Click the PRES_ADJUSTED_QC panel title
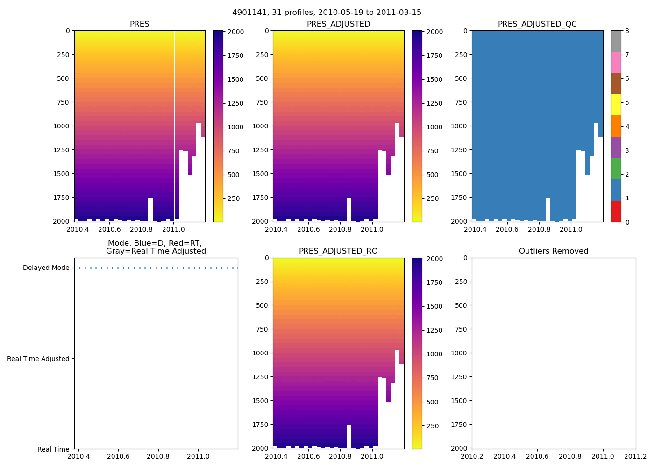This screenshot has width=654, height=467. (x=537, y=24)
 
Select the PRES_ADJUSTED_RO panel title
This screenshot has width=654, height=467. (x=338, y=251)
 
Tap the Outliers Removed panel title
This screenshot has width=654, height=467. (x=554, y=251)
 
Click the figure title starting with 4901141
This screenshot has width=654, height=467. (x=327, y=13)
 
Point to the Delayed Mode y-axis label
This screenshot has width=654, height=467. (x=46, y=268)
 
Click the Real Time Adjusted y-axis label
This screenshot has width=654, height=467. (x=38, y=359)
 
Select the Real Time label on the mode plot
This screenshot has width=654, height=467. (x=53, y=449)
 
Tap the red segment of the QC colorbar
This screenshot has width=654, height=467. (x=616, y=211)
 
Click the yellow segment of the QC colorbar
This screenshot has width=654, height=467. (x=616, y=105)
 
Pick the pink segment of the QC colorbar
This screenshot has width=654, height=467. (x=616, y=63)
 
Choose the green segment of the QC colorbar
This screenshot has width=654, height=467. (x=616, y=169)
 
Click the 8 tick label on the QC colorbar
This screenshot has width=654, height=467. (x=627, y=31)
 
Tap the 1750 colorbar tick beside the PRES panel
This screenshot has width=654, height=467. (x=235, y=56)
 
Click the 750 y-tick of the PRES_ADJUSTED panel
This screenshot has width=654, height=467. (x=262, y=102)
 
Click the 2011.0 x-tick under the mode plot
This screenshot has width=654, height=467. (x=198, y=456)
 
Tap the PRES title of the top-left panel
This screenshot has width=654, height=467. (x=139, y=24)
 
